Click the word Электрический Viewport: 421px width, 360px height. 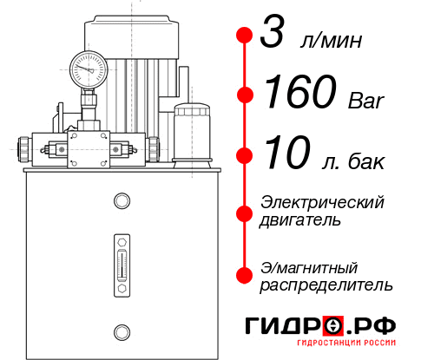[322, 202]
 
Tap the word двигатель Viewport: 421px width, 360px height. [300, 220]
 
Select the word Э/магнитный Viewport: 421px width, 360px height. [309, 266]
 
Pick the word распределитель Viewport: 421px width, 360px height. [326, 285]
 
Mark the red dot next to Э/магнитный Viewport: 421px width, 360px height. [245, 275]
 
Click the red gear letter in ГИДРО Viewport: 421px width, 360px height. [332, 326]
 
